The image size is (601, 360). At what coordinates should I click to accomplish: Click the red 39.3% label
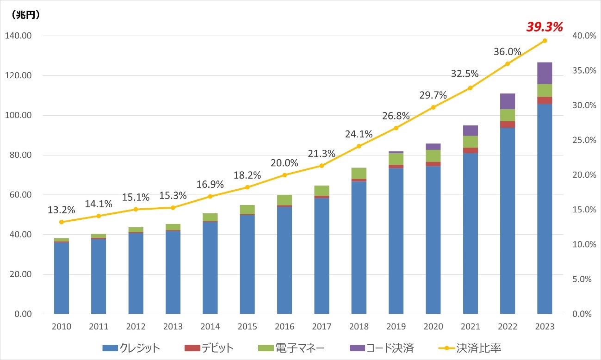[544, 27]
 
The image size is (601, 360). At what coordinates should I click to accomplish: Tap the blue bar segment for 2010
[62, 278]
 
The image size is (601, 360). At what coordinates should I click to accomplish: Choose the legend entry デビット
[211, 348]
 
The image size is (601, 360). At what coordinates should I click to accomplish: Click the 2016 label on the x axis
[285, 327]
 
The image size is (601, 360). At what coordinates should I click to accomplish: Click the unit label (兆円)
[23, 14]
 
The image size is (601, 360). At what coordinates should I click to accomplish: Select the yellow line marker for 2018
[359, 146]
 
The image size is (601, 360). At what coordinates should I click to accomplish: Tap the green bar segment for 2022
[508, 115]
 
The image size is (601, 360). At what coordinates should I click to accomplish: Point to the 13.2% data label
[62, 210]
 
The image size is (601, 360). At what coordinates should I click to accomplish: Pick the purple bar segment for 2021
[470, 130]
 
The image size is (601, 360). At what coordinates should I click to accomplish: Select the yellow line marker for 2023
[545, 41]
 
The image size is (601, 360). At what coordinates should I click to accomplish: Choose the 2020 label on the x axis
[433, 327]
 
